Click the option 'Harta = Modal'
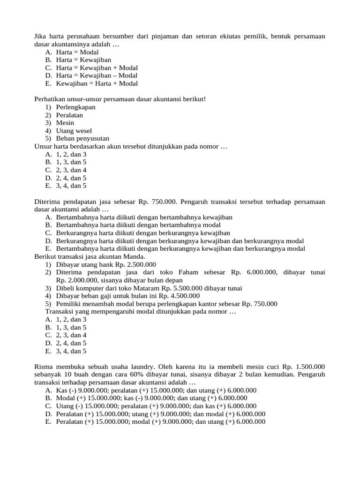77,52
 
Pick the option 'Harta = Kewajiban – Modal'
97,75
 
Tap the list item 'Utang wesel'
74,131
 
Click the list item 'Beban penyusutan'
82,139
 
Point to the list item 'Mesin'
65,123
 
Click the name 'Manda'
135,256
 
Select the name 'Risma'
45,367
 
